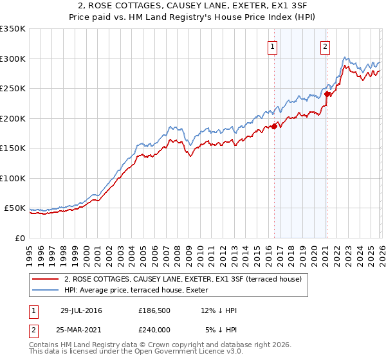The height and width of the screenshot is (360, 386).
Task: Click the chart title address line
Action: (193, 6)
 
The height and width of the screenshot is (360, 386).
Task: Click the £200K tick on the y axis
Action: (13, 118)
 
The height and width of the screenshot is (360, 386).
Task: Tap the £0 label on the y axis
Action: (20, 238)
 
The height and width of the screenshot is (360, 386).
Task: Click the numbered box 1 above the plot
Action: (273, 46)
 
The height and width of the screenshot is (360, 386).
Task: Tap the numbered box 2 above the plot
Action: (326, 46)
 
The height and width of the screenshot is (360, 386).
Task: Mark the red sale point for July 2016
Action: (274, 126)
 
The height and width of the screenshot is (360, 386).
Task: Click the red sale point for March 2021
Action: (327, 94)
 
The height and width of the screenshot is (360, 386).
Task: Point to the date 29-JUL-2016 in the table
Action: (81, 310)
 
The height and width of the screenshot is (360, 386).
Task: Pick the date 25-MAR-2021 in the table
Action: (81, 330)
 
